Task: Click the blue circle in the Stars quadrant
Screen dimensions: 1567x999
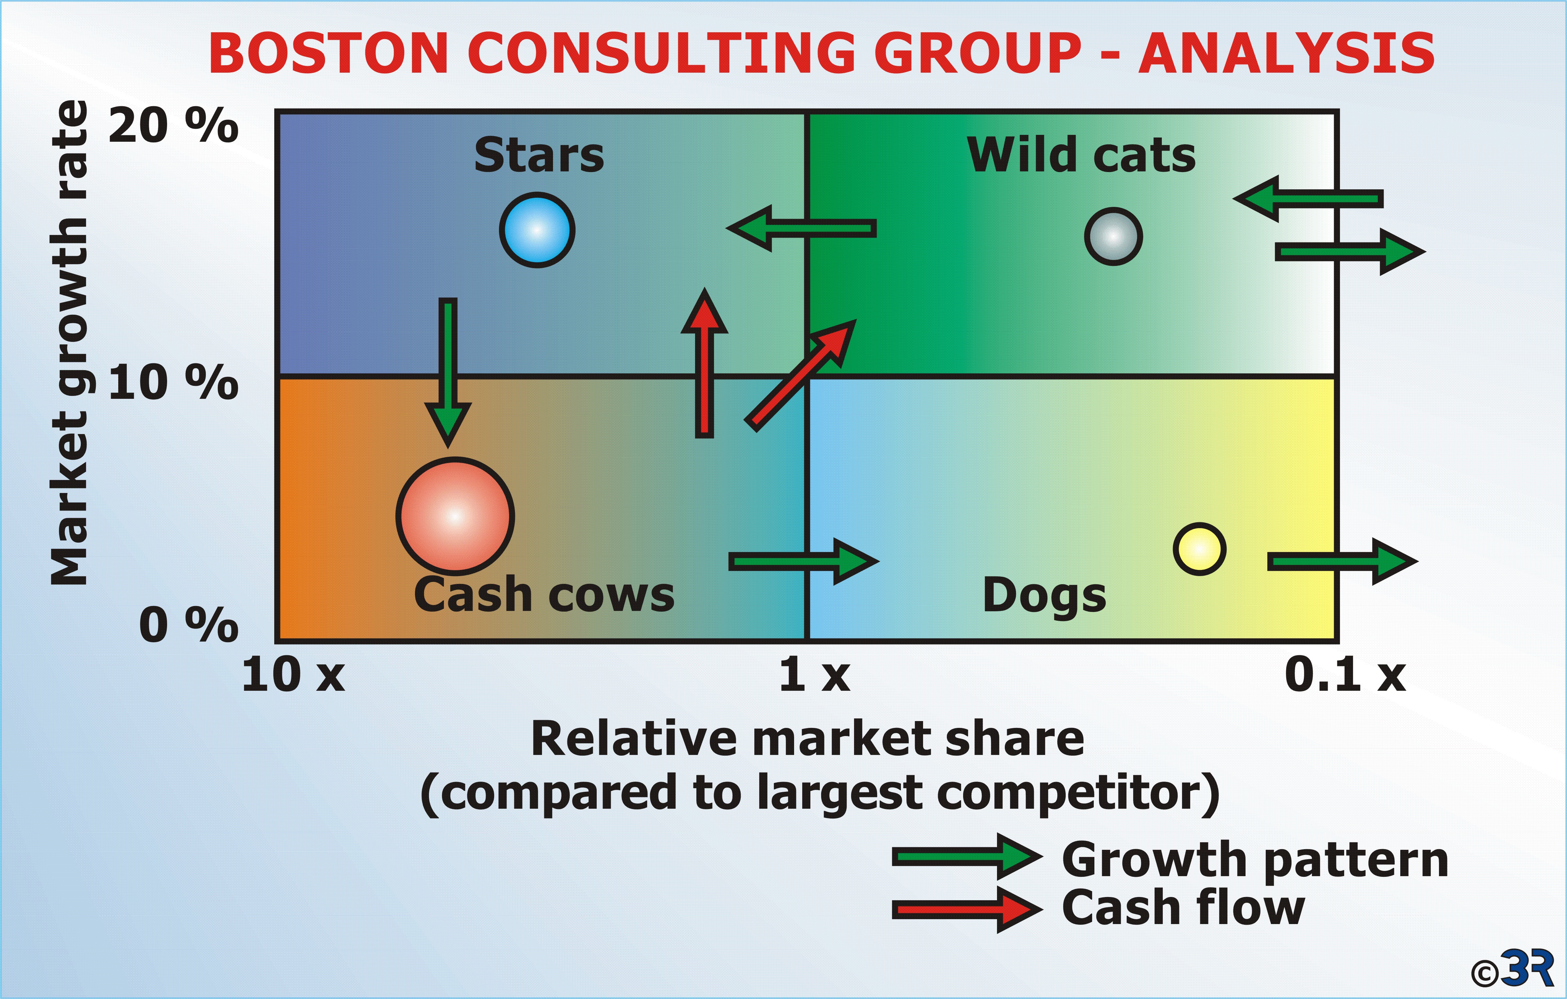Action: coord(537,230)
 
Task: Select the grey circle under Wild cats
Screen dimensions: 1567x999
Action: coord(1113,236)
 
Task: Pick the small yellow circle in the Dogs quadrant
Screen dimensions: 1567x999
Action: coord(1199,549)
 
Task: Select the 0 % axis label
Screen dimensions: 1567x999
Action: coord(189,625)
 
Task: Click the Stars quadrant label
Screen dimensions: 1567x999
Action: coord(539,155)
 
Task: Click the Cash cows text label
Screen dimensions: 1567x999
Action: coord(544,595)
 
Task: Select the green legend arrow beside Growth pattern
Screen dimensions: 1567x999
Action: coord(967,858)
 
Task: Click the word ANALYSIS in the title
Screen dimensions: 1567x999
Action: coord(1287,53)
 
